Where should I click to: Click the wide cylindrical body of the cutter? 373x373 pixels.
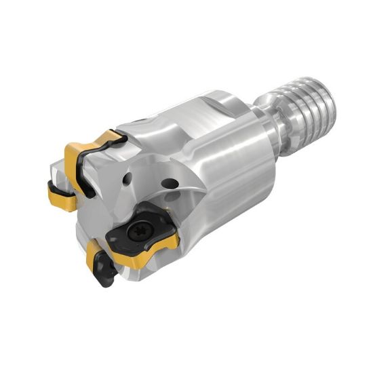(224, 163)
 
